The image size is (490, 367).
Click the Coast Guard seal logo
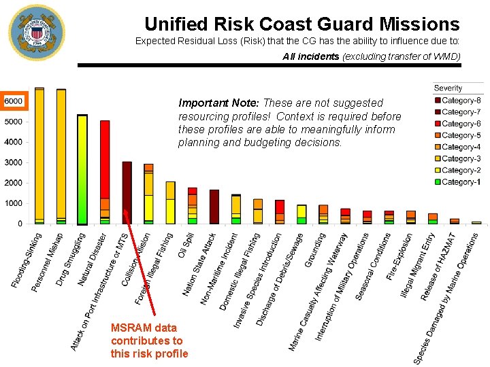tap(36, 33)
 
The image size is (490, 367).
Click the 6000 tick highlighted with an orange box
tap(14, 101)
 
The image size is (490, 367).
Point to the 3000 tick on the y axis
tap(14, 162)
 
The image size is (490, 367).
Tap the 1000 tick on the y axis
tap(14, 203)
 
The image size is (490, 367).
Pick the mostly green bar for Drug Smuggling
tap(82, 170)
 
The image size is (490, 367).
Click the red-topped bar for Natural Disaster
tap(105, 170)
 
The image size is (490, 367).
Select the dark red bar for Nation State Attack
tap(214, 207)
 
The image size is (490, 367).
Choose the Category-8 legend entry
tap(457, 101)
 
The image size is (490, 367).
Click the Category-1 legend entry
tap(457, 181)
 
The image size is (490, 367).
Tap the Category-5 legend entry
tap(457, 135)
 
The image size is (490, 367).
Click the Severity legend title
tap(448, 88)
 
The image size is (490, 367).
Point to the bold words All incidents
tap(311, 57)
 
